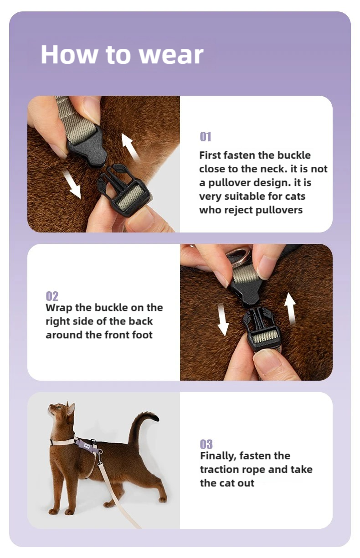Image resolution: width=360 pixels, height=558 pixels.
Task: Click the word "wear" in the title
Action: click(x=171, y=55)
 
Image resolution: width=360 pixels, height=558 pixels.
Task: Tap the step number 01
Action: click(x=206, y=137)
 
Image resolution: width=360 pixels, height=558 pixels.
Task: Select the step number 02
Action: click(x=52, y=296)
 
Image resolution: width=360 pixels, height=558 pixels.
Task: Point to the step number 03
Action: click(x=206, y=444)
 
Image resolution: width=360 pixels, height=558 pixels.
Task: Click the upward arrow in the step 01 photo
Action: click(x=130, y=146)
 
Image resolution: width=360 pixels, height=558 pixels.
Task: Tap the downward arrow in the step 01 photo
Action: click(x=72, y=184)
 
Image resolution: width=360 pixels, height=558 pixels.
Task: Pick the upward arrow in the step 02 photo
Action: click(x=290, y=308)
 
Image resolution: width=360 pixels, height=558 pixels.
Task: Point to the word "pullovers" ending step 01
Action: click(x=279, y=210)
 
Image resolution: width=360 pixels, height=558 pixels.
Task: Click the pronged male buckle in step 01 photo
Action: click(x=123, y=191)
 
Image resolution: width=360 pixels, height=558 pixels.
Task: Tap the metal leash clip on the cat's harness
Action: click(x=100, y=457)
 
